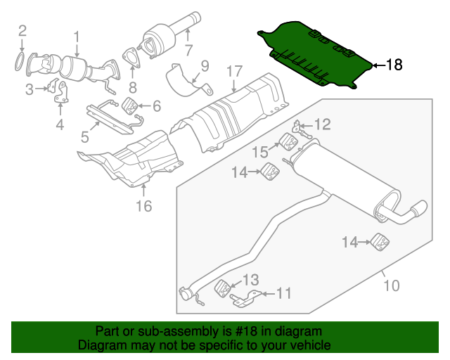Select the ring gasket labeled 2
[22, 61]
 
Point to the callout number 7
[188, 50]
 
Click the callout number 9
[205, 66]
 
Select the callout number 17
[234, 71]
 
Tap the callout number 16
[143, 206]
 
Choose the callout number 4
[60, 125]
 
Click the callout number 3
[30, 89]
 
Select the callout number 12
[321, 125]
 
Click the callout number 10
[391, 285]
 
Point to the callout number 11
[283, 292]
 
